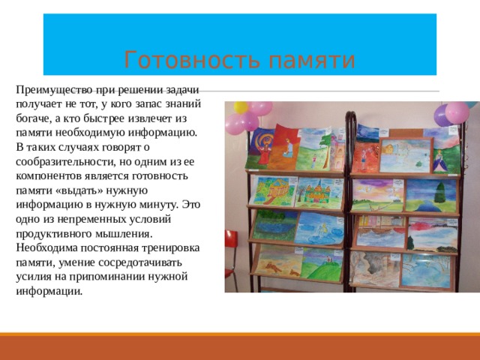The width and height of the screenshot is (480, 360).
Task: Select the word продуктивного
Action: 52,232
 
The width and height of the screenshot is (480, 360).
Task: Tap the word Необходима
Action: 43,247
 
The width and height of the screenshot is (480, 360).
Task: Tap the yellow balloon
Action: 240,107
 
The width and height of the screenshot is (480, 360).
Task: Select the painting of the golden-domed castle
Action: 317,191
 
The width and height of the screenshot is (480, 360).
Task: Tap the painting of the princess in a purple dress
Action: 440,157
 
